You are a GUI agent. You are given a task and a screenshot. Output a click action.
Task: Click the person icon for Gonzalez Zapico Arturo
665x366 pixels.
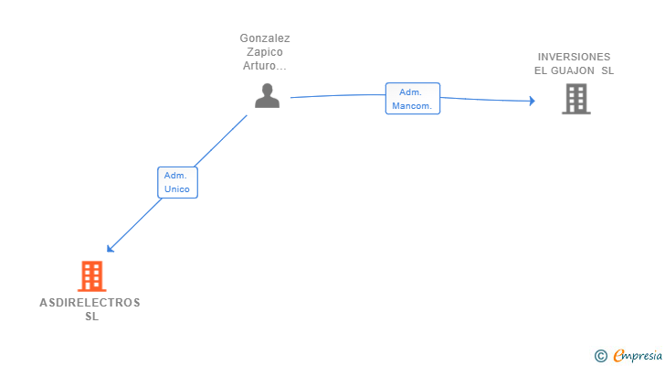click(267, 96)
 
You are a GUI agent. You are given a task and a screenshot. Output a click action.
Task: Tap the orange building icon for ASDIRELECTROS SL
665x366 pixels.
click(90, 275)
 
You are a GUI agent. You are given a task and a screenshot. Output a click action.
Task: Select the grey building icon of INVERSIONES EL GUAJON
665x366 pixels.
click(575, 99)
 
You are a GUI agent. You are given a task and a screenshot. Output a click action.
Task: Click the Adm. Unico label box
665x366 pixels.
click(177, 182)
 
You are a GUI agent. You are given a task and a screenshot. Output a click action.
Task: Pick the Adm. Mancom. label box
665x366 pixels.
click(413, 99)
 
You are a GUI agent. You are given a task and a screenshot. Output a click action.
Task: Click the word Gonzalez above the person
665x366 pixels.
click(265, 38)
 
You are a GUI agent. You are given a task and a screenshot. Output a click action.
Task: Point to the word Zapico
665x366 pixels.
click(265, 52)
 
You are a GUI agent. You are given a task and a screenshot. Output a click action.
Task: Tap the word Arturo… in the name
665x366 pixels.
click(265, 66)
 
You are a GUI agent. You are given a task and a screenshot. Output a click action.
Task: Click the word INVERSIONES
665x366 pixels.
click(574, 57)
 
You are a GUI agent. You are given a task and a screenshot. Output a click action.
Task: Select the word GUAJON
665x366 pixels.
click(575, 70)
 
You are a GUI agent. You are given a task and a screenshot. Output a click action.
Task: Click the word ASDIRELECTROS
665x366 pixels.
click(90, 303)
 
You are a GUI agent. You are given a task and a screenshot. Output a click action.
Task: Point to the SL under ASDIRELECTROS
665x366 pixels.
click(90, 317)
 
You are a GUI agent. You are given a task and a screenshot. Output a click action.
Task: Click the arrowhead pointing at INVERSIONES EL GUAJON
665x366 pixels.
click(531, 101)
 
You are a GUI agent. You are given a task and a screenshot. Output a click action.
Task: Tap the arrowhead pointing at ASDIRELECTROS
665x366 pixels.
click(110, 248)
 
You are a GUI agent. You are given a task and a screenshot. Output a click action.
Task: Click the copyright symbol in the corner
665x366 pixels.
click(600, 355)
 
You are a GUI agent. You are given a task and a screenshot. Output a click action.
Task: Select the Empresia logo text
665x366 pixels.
click(636, 355)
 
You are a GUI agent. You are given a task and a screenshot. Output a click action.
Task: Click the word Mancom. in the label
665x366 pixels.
click(413, 106)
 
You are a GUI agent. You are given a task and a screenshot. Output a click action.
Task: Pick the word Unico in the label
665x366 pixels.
click(177, 189)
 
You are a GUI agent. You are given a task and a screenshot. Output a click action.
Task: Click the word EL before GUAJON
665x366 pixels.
click(541, 70)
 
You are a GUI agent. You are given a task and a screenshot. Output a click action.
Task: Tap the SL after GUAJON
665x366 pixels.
click(608, 70)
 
